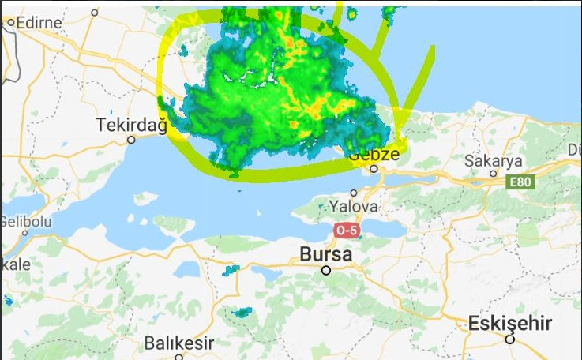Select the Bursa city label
pos(325,254)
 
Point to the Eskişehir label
pos(509,324)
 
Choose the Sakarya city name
pos(494,160)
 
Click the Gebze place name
pos(374,154)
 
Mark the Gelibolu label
pos(25,222)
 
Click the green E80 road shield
pos(521,182)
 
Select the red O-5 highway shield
pos(346,231)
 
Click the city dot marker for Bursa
pos(325,271)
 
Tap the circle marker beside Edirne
pos(11,23)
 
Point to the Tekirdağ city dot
pos(131,140)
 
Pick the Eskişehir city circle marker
pos(510,339)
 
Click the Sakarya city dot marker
pos(494,173)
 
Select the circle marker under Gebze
pos(374,168)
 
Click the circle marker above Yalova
pos(354,193)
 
